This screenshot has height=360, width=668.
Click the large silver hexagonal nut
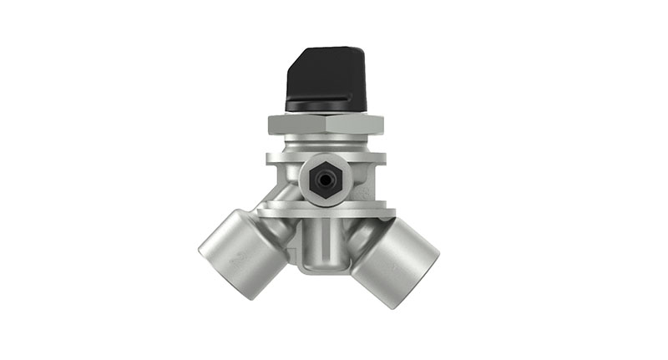point(325,126)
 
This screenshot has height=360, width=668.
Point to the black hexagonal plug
point(323,178)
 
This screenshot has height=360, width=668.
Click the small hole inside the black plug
point(323,178)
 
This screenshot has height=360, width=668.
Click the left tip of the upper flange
point(269,156)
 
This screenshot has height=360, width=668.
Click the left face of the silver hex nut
point(297,126)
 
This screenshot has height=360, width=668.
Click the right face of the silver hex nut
point(355,126)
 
